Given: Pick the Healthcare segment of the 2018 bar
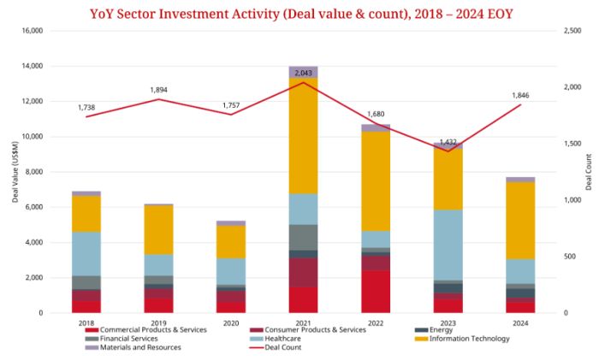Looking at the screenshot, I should coord(86,253).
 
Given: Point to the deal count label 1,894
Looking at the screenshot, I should coord(158,90).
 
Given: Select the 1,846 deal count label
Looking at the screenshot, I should coord(521,95).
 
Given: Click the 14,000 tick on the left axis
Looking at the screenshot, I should coord(31,66).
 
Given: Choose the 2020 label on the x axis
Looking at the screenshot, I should coord(231,323).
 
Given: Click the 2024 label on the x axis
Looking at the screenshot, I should coord(520,323).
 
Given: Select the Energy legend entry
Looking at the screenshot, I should coord(442,330).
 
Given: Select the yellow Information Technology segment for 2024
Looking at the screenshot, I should coord(521,220).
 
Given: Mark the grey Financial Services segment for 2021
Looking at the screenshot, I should coord(304,237).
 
